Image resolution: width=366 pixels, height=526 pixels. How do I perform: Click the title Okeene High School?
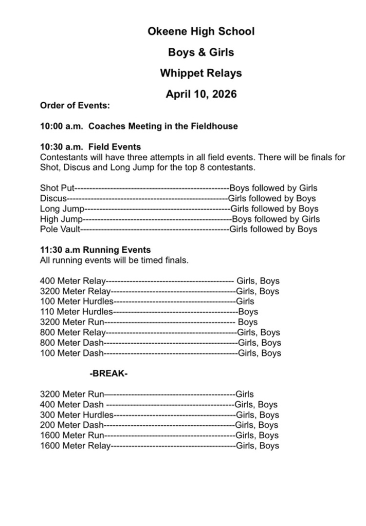tap(201, 32)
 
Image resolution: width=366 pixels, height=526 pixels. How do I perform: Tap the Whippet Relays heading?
tap(200, 73)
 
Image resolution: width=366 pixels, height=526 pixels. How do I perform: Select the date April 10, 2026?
tap(201, 95)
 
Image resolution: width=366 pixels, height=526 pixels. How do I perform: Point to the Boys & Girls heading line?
tap(201, 52)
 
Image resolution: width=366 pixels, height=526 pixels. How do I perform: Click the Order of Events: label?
tap(75, 106)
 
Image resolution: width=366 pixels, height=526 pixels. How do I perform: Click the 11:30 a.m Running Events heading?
tap(95, 250)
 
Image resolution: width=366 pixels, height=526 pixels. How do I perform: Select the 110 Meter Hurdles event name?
tap(76, 312)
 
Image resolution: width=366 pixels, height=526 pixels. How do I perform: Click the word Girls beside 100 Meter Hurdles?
tap(245, 302)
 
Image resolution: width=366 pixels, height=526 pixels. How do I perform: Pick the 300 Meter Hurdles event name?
tap(76, 415)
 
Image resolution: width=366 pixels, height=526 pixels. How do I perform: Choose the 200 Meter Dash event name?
tap(72, 425)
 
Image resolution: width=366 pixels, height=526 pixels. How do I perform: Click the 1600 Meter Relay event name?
tap(75, 446)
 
